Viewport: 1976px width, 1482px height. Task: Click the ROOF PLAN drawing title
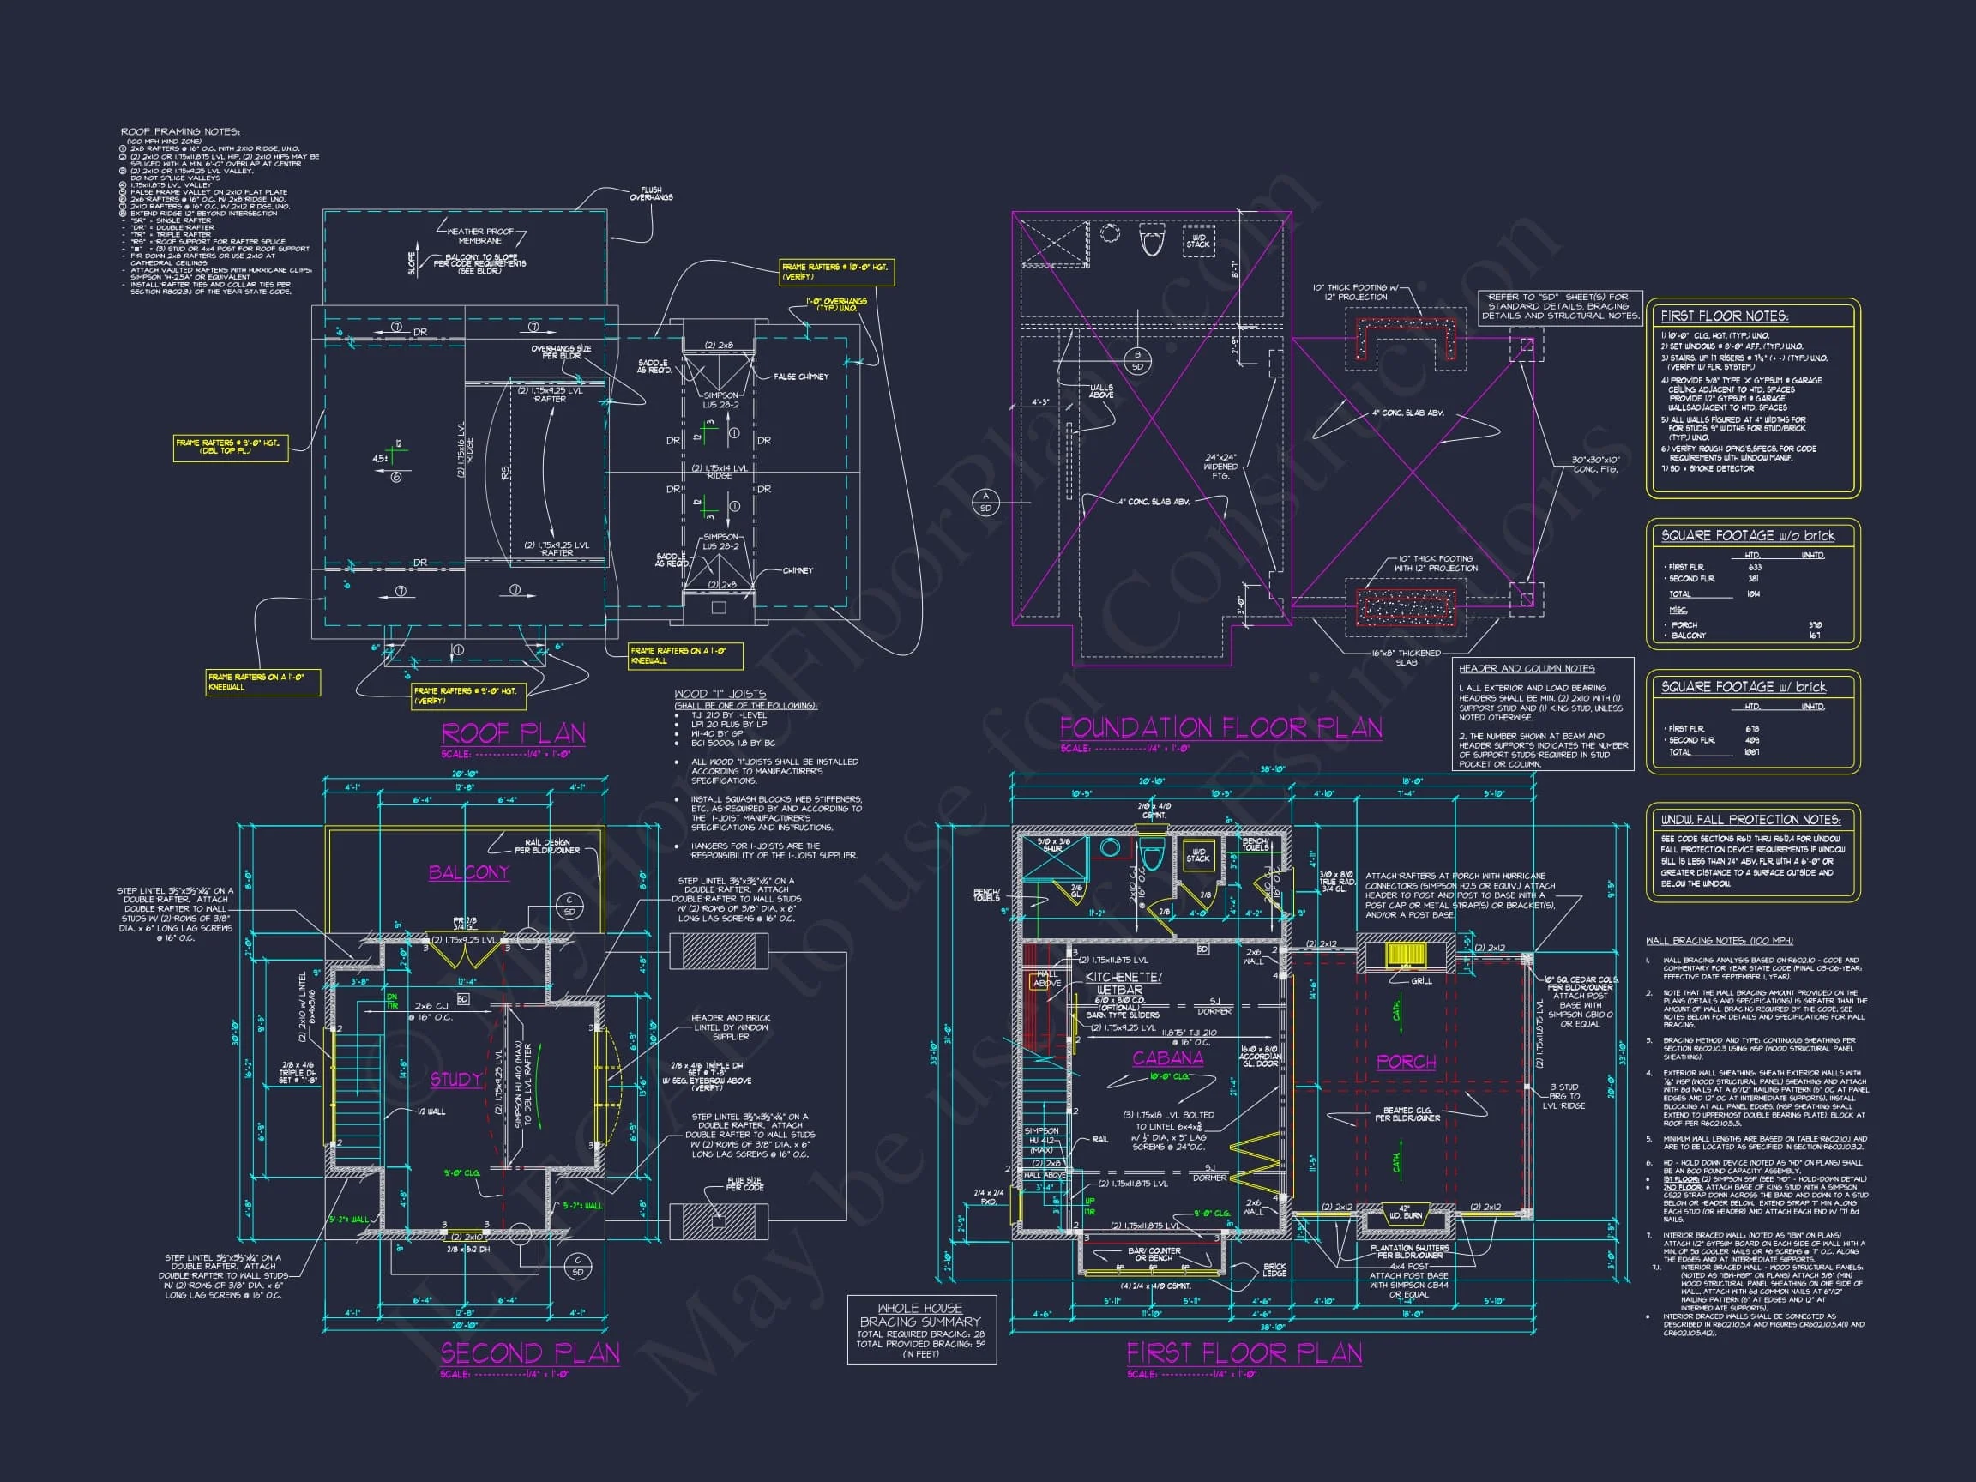coord(514,733)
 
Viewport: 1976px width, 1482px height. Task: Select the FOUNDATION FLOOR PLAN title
coord(1220,727)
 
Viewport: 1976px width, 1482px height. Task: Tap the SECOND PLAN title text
coord(530,1352)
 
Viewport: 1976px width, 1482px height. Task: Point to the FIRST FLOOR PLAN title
coord(1244,1352)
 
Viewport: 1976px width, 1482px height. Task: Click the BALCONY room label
coord(468,872)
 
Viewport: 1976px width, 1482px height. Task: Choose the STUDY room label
coord(456,1079)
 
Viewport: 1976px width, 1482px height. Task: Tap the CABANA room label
coord(1167,1057)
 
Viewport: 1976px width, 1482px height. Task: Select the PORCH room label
coord(1406,1061)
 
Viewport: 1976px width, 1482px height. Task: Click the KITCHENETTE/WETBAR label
coord(1123,984)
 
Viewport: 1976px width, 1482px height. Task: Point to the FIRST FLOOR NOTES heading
coord(1724,316)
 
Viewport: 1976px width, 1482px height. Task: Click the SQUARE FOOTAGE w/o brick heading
coord(1747,536)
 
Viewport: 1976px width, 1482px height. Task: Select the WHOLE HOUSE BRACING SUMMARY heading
coord(920,1315)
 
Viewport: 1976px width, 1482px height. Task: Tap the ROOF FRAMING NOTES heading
coord(180,131)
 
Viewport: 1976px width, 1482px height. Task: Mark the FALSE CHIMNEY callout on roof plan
coord(800,377)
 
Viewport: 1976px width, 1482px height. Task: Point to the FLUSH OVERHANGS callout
coord(650,194)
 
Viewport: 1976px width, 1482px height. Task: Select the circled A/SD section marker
coord(986,502)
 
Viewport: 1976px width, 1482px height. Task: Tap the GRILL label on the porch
coord(1421,981)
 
